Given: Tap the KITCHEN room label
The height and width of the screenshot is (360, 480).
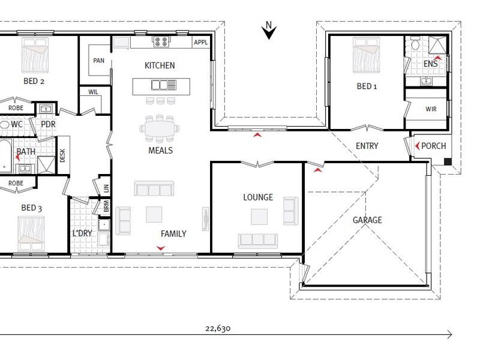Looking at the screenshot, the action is coord(160,65).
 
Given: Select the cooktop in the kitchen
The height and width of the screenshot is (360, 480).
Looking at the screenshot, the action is coord(161,41).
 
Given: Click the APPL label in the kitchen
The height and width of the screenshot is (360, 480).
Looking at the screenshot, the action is coord(201,42).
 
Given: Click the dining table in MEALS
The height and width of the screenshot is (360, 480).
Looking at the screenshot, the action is coord(160,128).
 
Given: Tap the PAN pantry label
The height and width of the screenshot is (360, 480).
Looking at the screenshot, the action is coord(98,61).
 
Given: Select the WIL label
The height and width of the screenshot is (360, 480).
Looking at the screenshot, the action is coord(94,92).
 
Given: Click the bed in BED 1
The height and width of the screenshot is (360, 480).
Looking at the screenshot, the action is coord(367,55).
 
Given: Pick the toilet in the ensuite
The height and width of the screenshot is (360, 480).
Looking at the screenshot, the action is coord(415,43).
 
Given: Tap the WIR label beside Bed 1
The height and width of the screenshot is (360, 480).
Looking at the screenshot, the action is coord(431,109).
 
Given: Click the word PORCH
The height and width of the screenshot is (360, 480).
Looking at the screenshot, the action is coord(433,146).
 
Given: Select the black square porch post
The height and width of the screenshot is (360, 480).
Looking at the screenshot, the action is coord(448,161).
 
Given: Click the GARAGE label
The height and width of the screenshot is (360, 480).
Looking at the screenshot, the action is coord(367,220).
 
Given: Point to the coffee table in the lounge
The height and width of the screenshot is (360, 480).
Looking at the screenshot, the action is coord(259,217).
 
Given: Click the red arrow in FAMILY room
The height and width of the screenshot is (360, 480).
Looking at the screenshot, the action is coord(161,248).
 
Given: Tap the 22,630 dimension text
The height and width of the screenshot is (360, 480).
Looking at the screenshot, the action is coord(218,328).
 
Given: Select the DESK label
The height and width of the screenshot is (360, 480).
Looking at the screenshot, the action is coord(62,155).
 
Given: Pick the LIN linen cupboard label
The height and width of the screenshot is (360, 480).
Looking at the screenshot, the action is coord(106,188).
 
